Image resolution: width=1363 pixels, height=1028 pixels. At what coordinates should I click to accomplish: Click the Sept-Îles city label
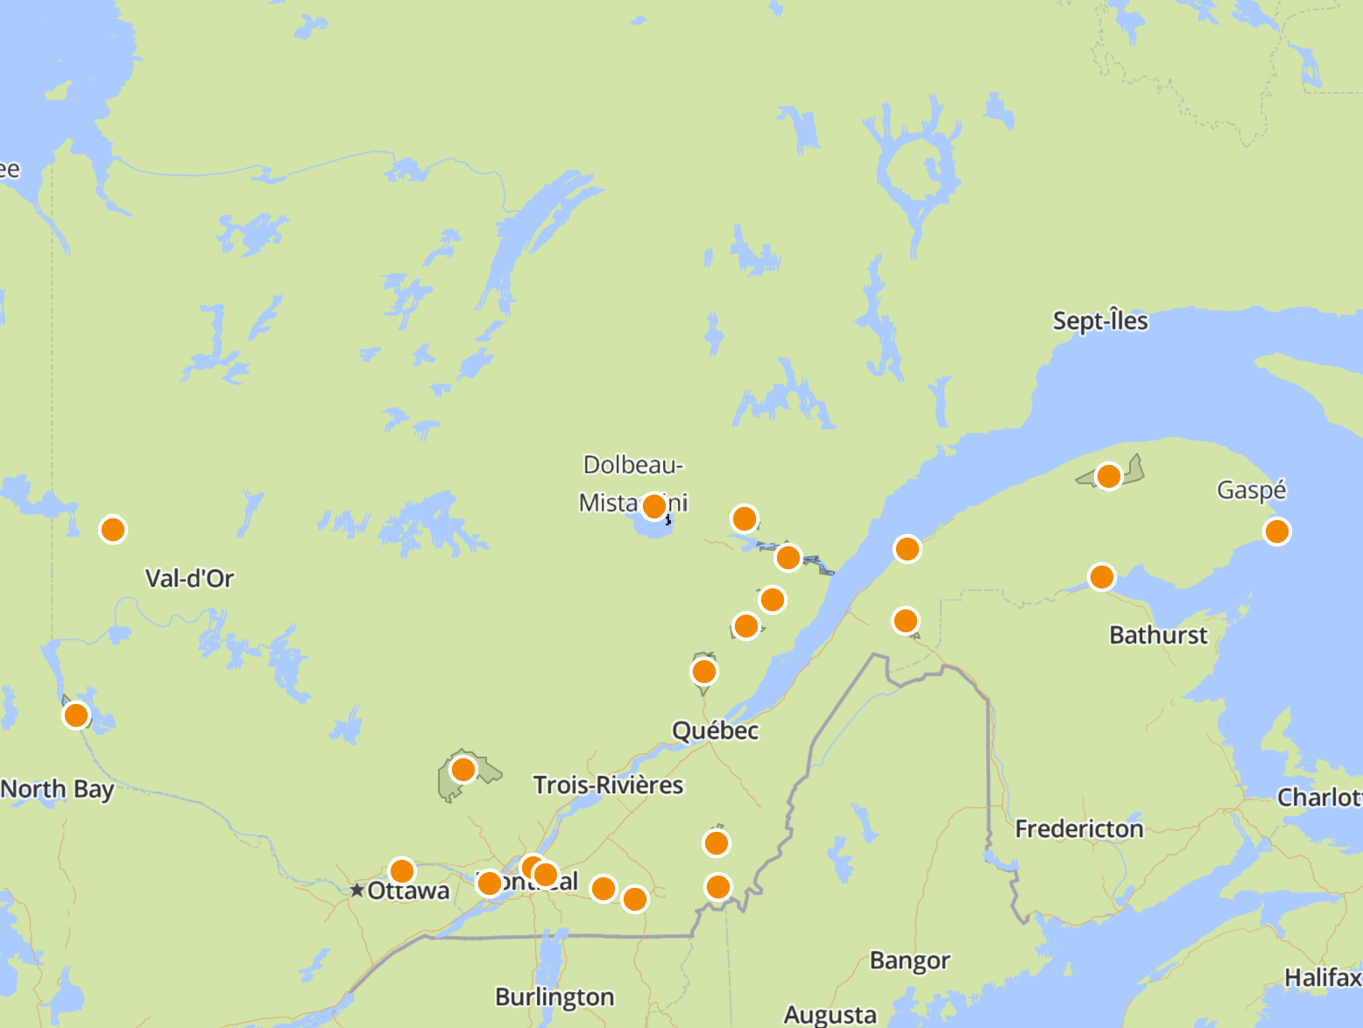click(x=1100, y=321)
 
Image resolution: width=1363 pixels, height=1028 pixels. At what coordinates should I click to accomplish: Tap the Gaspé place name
click(x=1251, y=489)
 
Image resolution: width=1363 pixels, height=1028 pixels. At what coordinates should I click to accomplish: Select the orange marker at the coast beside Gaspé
click(x=1276, y=532)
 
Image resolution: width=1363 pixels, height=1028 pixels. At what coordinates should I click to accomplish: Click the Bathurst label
click(x=1158, y=635)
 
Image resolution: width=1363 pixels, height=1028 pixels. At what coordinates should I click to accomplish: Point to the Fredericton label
click(x=1079, y=828)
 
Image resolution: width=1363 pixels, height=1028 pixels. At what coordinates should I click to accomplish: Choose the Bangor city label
click(x=909, y=961)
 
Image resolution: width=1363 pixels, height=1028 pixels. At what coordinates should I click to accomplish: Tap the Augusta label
click(x=830, y=1015)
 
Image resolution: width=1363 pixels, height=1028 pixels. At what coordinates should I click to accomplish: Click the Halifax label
click(x=1323, y=977)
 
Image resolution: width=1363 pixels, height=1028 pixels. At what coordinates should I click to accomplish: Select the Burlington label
click(x=554, y=997)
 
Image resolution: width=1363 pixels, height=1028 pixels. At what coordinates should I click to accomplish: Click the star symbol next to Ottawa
click(x=357, y=891)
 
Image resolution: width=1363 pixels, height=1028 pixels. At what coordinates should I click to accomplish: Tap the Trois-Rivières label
click(x=608, y=785)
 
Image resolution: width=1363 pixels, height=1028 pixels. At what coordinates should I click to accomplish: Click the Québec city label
click(x=715, y=730)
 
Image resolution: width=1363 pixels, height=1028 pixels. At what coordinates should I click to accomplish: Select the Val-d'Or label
click(x=189, y=578)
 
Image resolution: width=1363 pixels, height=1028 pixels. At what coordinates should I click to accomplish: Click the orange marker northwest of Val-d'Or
click(x=113, y=530)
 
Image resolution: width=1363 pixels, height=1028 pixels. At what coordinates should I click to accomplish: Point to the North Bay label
click(x=58, y=789)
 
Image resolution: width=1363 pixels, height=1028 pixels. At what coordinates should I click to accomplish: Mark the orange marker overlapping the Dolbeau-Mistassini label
click(x=653, y=506)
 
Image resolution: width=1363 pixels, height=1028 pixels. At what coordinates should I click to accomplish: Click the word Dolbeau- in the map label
click(x=633, y=465)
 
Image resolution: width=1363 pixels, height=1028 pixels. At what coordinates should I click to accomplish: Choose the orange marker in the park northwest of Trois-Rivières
click(x=463, y=770)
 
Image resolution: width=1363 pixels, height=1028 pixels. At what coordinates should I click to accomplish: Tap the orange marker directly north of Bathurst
click(x=1101, y=577)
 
